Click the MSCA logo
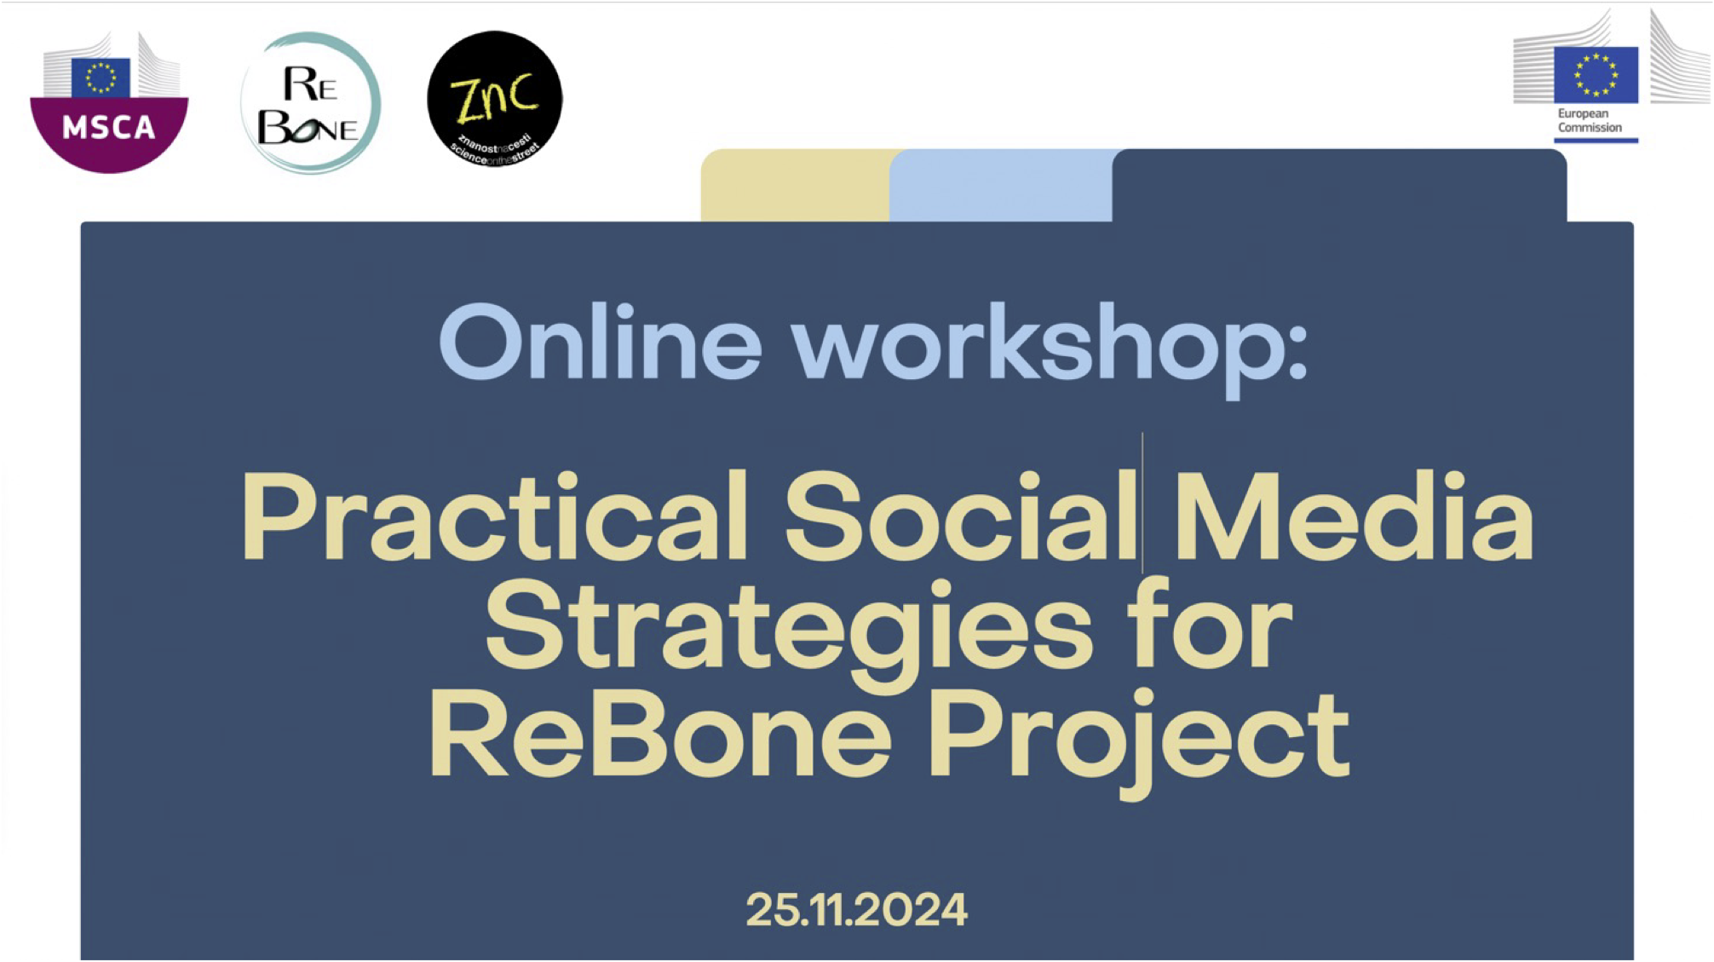tap(109, 102)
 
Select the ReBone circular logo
tap(310, 102)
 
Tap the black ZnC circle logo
tap(495, 99)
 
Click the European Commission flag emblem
tap(1596, 74)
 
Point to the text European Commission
tap(1590, 120)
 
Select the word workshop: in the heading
tap(1050, 349)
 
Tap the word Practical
tap(495, 516)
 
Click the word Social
tap(961, 516)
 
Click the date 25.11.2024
tap(857, 909)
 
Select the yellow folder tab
tap(796, 185)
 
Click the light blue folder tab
tap(1002, 185)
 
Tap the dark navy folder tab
tap(1339, 185)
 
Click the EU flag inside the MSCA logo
tap(101, 78)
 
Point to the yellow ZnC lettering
tap(495, 95)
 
